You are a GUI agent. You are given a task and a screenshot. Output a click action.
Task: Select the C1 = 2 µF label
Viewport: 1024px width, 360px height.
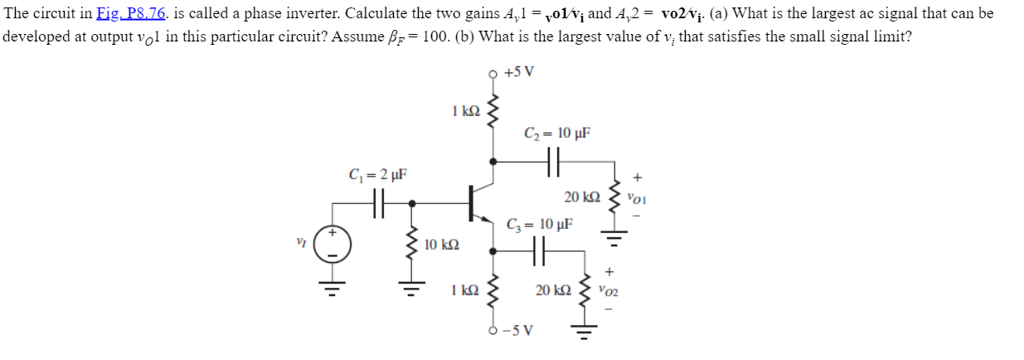[x=377, y=175]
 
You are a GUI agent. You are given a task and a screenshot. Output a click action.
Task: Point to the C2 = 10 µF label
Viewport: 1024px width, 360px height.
[x=557, y=133]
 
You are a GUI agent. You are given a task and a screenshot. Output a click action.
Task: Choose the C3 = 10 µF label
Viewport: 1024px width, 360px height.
[x=540, y=224]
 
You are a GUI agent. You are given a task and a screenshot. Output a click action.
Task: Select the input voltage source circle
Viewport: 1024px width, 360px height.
[x=333, y=245]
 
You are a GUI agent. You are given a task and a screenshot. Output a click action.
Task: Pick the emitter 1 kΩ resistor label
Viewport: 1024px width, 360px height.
[x=465, y=289]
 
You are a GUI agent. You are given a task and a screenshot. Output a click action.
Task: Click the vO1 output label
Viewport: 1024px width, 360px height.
[x=638, y=199]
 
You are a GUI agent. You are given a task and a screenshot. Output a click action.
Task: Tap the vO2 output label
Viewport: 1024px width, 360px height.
[x=610, y=292]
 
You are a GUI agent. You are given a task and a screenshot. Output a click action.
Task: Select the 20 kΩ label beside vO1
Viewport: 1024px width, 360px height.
[x=581, y=197]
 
